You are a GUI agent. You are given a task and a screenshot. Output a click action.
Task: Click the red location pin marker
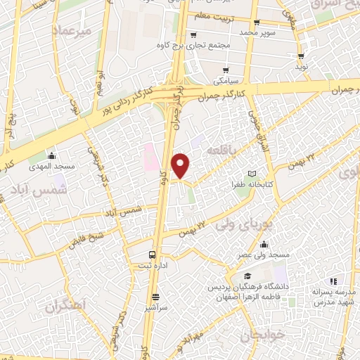click(x=181, y=165)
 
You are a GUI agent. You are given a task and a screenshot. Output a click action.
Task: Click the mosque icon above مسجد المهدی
click(x=50, y=156)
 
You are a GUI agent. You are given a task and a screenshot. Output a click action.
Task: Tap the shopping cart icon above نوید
click(x=301, y=56)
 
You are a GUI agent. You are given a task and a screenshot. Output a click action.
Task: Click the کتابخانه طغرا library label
click(x=251, y=184)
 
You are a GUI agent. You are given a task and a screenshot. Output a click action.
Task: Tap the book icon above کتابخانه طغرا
click(x=252, y=173)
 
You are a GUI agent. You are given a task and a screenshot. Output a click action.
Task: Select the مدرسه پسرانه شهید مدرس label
click(x=333, y=296)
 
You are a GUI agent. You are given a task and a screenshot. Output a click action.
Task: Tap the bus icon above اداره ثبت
click(x=153, y=255)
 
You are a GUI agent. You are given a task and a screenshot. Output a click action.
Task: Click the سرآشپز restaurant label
click(x=155, y=308)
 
